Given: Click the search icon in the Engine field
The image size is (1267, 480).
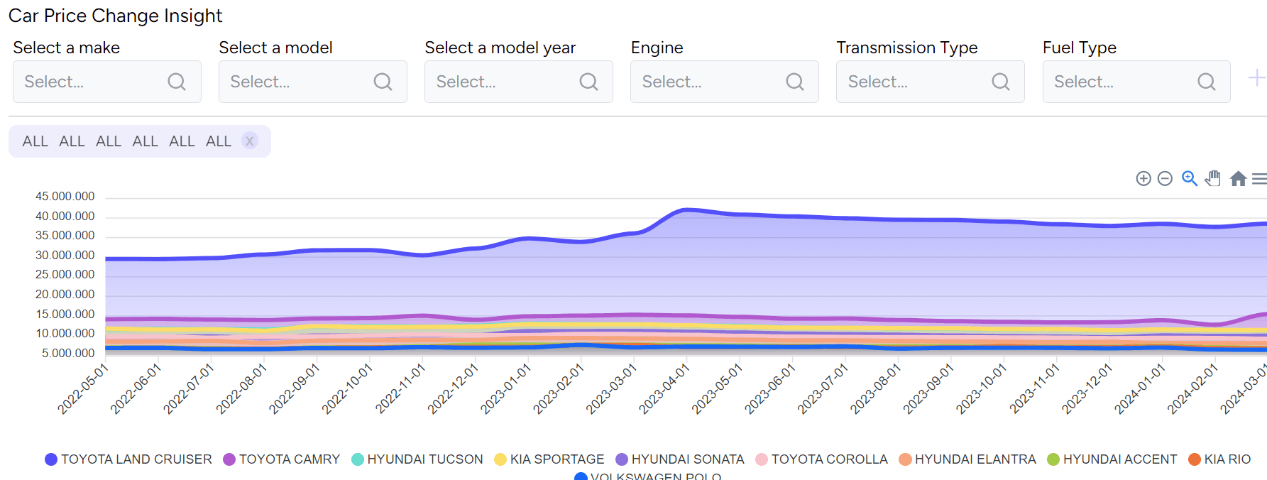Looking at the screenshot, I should (795, 82).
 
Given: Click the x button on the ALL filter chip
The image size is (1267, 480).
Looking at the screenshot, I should (249, 141).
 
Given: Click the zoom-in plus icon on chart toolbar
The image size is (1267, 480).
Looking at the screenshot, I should (1143, 179).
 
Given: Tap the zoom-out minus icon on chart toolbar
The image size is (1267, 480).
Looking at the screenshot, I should (1165, 179).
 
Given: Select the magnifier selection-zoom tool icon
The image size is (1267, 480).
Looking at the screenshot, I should (1190, 178).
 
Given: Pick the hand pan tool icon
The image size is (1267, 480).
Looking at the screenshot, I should (1213, 178).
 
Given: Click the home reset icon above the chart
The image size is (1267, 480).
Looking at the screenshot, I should (1238, 179).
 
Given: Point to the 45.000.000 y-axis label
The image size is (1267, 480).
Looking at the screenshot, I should (65, 197).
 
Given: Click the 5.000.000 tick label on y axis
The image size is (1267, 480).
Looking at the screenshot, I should (68, 354).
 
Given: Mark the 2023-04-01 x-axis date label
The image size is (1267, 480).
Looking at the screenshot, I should (664, 388).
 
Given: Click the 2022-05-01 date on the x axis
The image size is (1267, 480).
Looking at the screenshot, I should (82, 388).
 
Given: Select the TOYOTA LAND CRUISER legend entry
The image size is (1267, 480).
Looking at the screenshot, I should (128, 459).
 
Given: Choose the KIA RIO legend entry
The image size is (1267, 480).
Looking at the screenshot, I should (1219, 459).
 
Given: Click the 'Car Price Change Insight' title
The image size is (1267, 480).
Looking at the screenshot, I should (116, 16).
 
